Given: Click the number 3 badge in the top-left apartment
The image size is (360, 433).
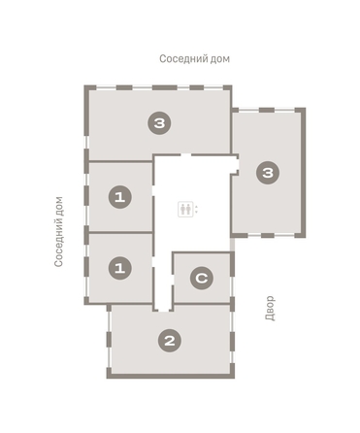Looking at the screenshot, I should [x=159, y=122].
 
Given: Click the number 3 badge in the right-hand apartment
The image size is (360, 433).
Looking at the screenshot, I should [x=268, y=173].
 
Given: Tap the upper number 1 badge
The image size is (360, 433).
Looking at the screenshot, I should [x=119, y=197].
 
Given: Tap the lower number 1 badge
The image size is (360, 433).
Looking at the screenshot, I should [x=119, y=266].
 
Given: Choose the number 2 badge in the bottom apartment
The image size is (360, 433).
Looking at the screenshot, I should [x=170, y=340].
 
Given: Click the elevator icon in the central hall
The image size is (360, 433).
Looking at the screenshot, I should [x=185, y=209].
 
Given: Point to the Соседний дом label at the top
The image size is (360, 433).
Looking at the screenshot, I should [x=194, y=59].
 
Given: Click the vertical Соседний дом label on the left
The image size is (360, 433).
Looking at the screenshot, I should [x=60, y=230].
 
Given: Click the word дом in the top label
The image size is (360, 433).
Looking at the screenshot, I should [x=219, y=59].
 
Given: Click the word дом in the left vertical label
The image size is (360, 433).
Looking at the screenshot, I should [x=60, y=205].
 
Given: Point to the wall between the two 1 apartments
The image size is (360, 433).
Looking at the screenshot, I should [x=119, y=231].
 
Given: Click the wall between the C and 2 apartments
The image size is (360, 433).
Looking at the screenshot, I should [x=202, y=305].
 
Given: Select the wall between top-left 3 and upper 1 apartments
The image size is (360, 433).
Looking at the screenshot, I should [x=119, y=161].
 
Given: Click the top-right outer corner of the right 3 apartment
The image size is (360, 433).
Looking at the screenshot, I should [x=303, y=109].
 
